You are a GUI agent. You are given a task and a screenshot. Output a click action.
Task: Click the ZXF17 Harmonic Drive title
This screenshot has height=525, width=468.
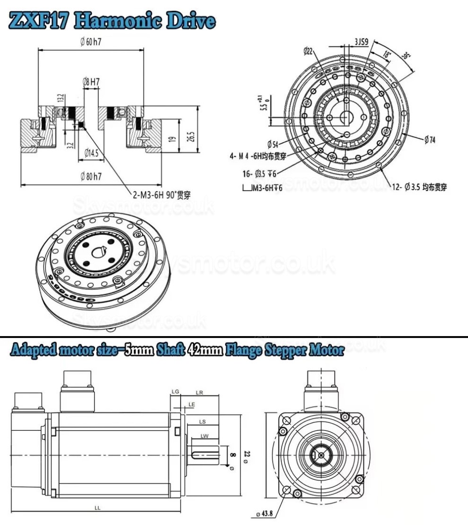pyautogui.click(x=113, y=21)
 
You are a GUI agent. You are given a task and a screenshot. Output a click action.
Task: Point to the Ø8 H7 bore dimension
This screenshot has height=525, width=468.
pyautogui.click(x=91, y=81)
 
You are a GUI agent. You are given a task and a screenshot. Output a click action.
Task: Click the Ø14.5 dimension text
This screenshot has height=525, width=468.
pyautogui.click(x=91, y=152)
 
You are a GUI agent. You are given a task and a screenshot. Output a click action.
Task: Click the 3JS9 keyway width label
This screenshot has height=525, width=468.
pyautogui.click(x=362, y=42)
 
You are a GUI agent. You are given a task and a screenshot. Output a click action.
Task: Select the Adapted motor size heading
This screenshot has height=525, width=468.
pyautogui.click(x=176, y=351)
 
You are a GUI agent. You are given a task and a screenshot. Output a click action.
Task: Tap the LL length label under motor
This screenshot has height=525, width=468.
pyautogui.click(x=97, y=507)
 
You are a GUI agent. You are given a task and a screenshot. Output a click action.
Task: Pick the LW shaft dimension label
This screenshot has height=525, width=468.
pyautogui.click(x=204, y=436)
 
